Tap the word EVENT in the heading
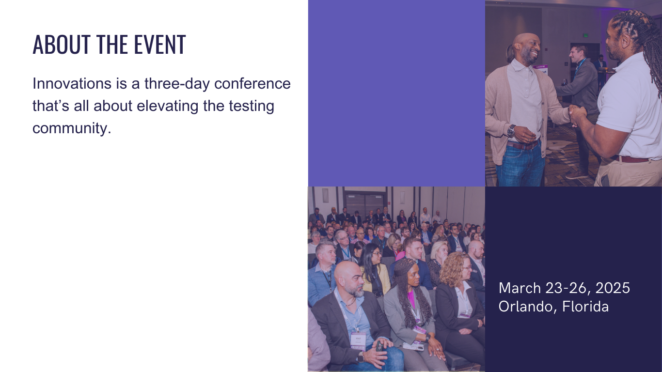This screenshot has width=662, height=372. [x=160, y=45]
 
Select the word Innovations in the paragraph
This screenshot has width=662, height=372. [x=72, y=84]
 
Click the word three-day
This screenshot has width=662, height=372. [x=177, y=84]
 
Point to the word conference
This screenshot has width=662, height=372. [x=252, y=84]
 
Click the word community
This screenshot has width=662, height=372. [x=72, y=129]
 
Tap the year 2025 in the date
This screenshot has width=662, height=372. [x=613, y=288]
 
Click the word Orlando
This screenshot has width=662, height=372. [x=526, y=307]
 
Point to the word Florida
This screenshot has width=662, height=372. [x=585, y=306]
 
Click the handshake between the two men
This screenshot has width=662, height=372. [x=577, y=115]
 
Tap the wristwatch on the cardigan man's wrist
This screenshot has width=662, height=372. [x=511, y=131]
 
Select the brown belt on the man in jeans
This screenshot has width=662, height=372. [x=522, y=145]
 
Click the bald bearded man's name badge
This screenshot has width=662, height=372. [x=358, y=340]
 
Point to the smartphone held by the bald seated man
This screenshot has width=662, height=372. [x=379, y=346]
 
